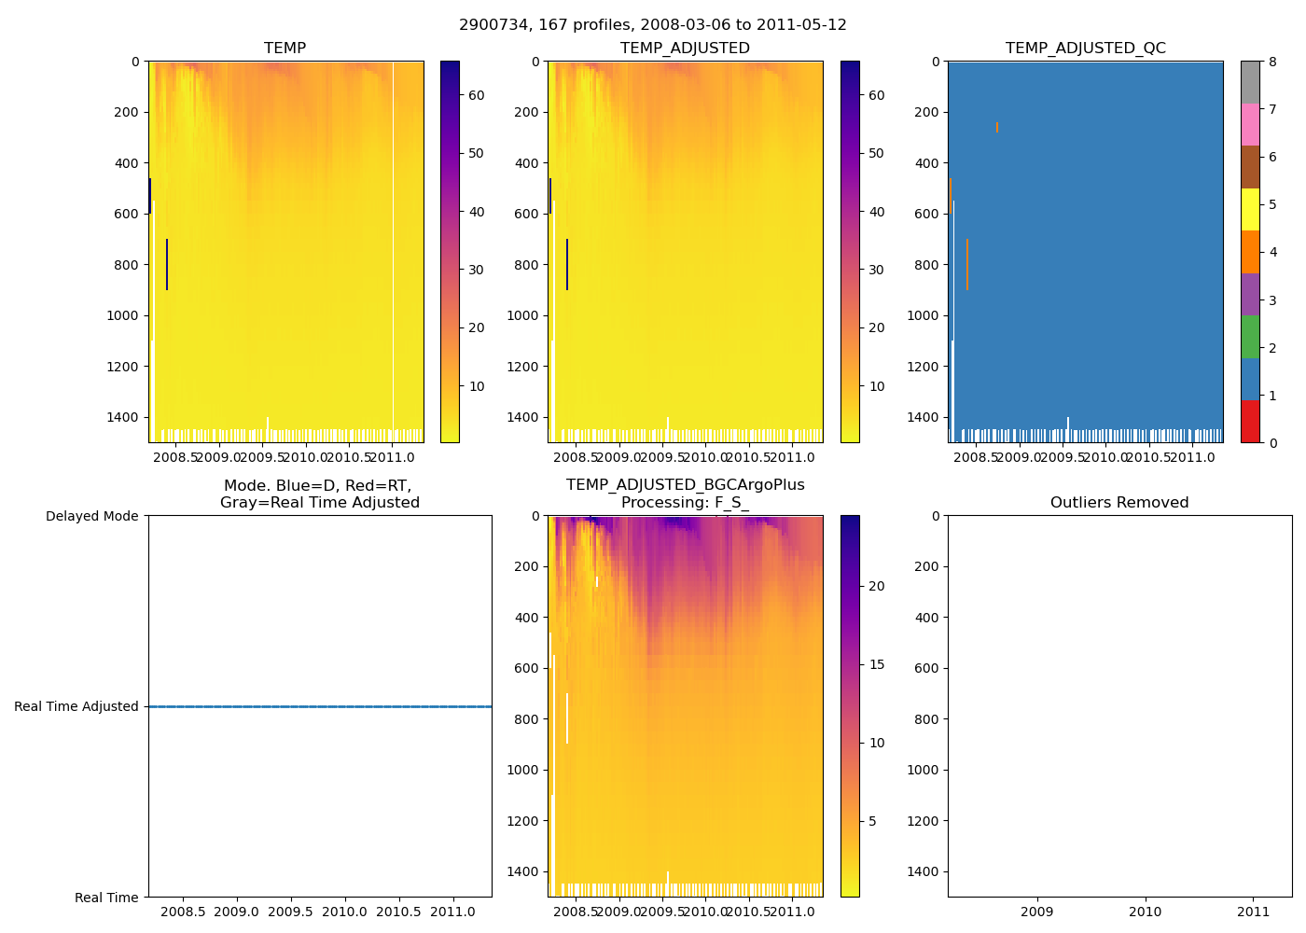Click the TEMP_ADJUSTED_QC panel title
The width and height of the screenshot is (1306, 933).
pos(1085,49)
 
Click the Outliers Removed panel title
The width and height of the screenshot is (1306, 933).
pos(1119,503)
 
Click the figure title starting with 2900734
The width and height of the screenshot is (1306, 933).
pos(653,25)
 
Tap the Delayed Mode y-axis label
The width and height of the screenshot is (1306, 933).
pos(92,517)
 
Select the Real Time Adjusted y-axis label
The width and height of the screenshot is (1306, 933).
pos(76,707)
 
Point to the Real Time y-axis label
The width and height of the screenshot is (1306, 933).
pos(106,898)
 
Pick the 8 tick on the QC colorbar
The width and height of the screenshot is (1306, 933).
pos(1272,63)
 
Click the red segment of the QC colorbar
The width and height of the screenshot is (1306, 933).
pos(1250,422)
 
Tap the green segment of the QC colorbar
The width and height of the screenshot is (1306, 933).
pos(1250,337)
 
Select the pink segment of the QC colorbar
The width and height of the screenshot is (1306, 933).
pos(1250,124)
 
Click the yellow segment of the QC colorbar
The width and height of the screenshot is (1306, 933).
pos(1250,209)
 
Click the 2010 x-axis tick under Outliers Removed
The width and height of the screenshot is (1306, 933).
pos(1146,912)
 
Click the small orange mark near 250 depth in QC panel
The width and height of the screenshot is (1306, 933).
pos(997,127)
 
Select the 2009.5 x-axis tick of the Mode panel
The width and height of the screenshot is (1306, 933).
pos(290,912)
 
